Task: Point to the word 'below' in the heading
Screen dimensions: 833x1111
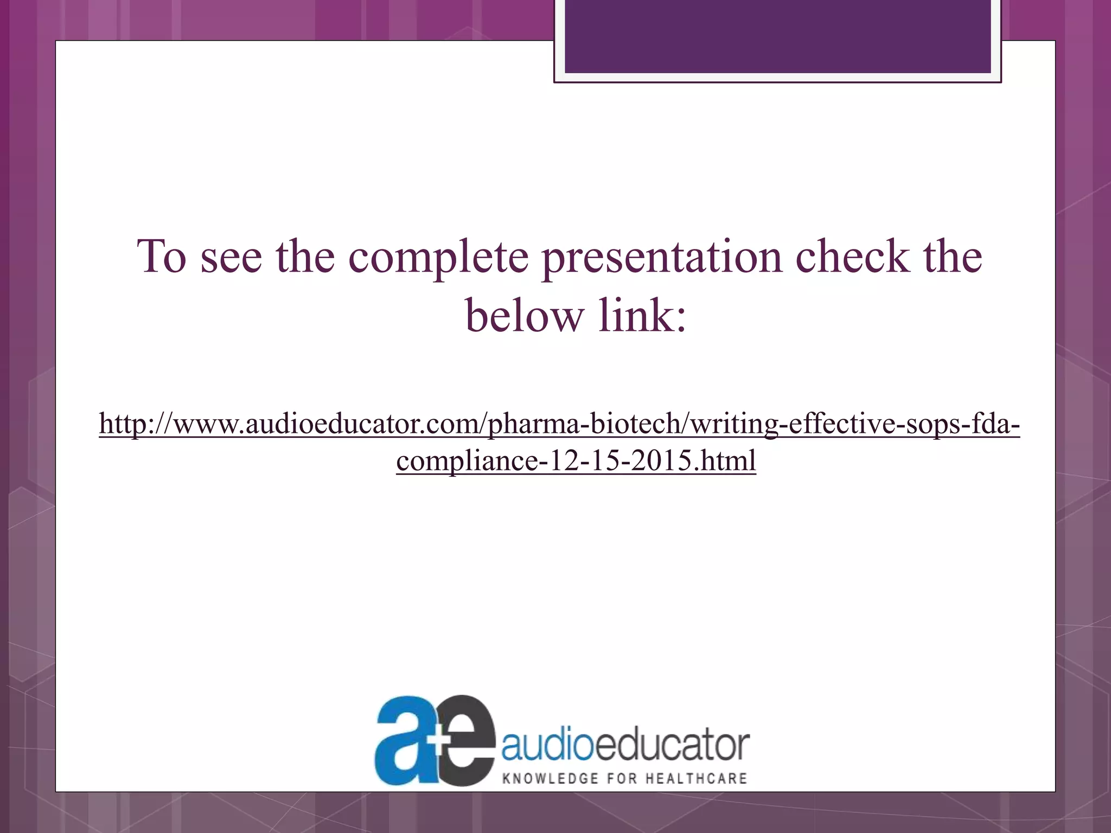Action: [x=523, y=316]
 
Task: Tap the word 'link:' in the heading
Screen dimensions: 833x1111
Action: [x=642, y=316]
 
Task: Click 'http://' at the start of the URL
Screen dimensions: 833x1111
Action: [x=135, y=424]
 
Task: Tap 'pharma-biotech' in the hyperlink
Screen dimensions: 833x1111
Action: [x=580, y=424]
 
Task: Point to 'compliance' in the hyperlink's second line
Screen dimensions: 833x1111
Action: [x=467, y=461]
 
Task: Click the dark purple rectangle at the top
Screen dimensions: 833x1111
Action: [x=777, y=36]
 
